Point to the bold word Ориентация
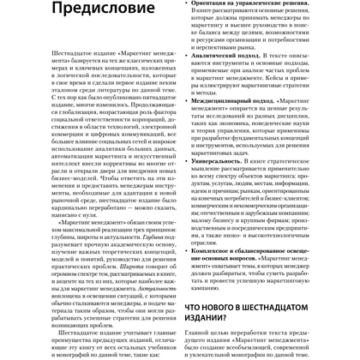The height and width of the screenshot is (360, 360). pyautogui.click(x=215, y=3)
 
